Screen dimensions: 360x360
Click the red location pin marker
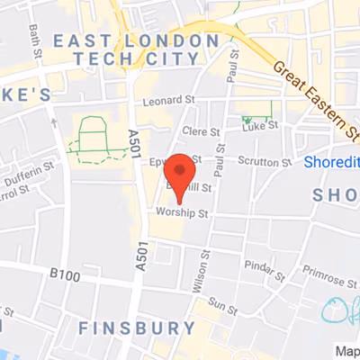183,174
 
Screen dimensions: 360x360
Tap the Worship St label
182,213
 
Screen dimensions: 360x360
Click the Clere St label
201,131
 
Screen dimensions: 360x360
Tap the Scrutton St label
265,163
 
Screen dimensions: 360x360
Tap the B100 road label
66,273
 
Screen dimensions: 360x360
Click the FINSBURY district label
137,328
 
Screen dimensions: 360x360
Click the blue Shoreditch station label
331,162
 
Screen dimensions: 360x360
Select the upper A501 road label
134,144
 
